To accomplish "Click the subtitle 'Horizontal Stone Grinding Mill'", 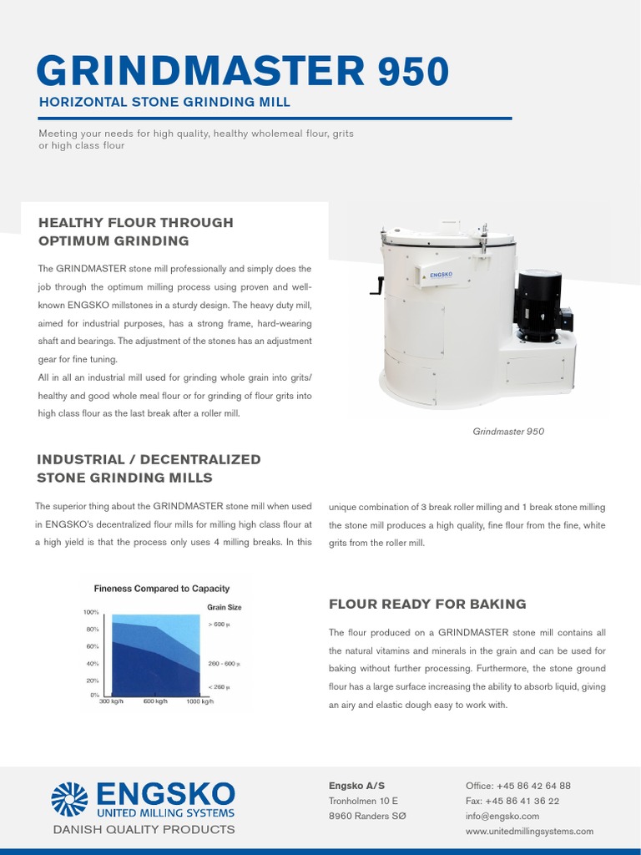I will (164, 102).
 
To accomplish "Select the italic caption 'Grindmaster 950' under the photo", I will (508, 432).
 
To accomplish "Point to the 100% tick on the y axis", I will (91, 612).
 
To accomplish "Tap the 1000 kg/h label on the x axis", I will (199, 701).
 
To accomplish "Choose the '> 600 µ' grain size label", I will (219, 625).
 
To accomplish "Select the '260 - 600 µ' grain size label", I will (224, 664).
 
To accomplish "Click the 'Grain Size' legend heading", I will (224, 607).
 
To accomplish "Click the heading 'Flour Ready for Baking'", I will (427, 604).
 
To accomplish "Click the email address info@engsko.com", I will (502, 816).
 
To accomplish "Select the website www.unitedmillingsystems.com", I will (529, 831).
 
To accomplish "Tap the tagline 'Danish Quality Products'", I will (144, 829).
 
